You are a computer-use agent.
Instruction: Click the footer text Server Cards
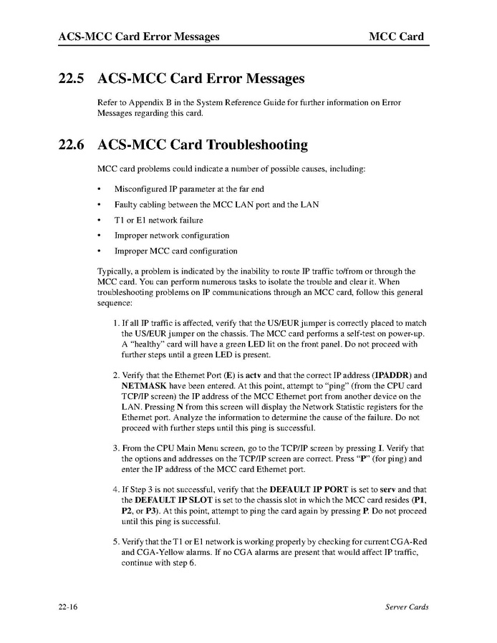click(406, 607)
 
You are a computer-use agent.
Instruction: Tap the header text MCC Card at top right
click(396, 36)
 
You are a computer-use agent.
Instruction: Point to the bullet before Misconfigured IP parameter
click(99, 189)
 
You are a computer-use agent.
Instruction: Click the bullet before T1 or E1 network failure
click(99, 221)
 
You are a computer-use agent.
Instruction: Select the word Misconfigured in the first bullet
click(139, 189)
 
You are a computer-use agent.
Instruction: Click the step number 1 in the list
click(116, 324)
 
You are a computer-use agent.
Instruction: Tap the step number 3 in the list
click(116, 448)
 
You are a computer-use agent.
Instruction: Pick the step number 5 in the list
click(116, 542)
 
